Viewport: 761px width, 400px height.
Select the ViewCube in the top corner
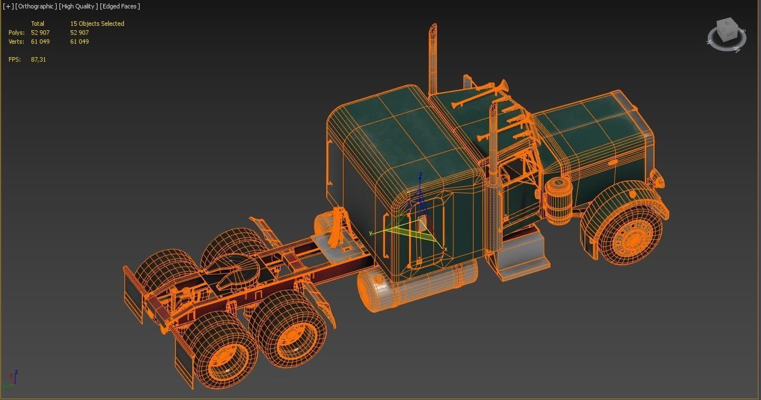[727, 34]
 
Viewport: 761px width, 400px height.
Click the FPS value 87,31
[39, 59]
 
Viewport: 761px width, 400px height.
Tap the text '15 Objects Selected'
[97, 24]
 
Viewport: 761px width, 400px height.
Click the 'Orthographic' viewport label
[36, 6]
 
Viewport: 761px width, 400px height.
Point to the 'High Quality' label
[78, 6]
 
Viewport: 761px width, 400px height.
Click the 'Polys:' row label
[16, 32]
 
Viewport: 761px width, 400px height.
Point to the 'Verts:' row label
[16, 41]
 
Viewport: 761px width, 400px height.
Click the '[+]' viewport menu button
[8, 6]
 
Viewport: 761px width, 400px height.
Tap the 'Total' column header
[38, 24]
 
